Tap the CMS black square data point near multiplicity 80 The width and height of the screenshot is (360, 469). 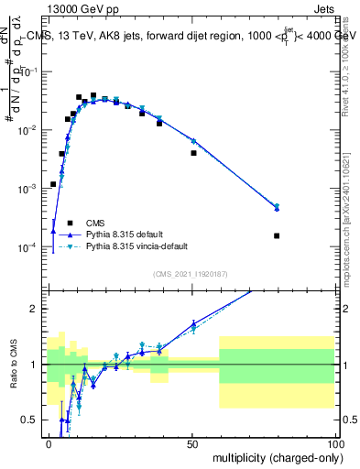tap(277, 235)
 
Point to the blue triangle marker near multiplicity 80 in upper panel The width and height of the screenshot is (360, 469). tap(277, 208)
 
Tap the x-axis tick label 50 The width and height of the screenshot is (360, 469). tap(192, 443)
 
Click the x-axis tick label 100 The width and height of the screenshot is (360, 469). tap(334, 443)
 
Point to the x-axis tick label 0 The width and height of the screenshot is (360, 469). tap(49, 443)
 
